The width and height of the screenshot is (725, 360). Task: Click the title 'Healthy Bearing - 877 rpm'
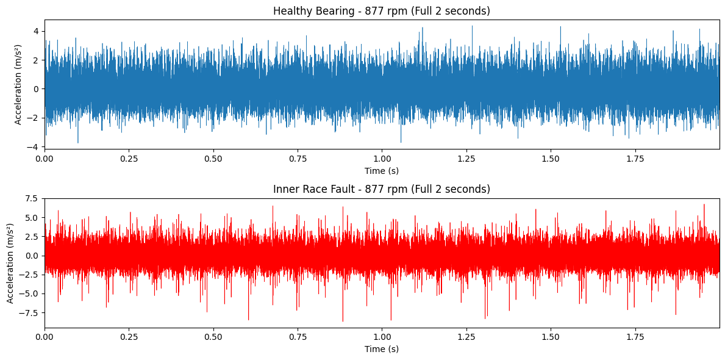click(381, 11)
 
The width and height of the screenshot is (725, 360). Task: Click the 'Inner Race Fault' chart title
click(381, 189)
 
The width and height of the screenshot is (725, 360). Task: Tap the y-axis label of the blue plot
click(18, 84)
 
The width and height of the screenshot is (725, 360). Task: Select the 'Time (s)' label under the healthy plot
click(382, 171)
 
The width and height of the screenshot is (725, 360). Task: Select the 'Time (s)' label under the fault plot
click(382, 349)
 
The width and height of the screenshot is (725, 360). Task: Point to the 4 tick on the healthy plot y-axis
click(36, 31)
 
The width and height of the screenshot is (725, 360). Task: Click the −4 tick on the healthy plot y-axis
click(34, 147)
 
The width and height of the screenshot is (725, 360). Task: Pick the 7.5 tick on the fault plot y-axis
click(32, 198)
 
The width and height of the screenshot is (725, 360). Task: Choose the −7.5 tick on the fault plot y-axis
click(29, 313)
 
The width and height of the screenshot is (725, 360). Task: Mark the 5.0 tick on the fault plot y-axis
click(32, 218)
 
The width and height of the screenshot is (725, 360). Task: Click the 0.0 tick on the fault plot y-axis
click(32, 256)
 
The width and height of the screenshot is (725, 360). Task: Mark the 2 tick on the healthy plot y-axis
click(36, 60)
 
